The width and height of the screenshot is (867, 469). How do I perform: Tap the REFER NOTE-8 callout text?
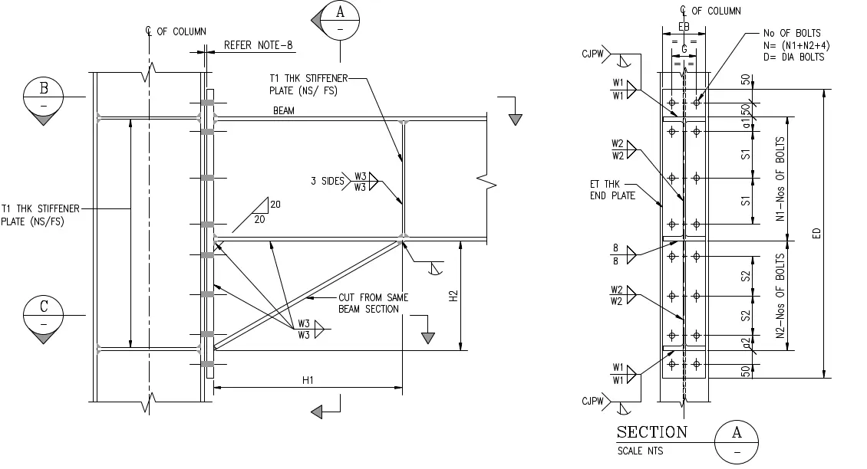[x=259, y=45]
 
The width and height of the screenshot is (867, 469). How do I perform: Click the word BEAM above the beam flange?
[x=284, y=111]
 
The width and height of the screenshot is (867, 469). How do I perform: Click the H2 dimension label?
[x=453, y=296]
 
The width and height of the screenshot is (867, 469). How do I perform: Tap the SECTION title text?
[x=652, y=433]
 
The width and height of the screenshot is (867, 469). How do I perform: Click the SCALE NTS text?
[x=641, y=451]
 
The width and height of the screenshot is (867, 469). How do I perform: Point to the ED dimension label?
[x=817, y=234]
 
